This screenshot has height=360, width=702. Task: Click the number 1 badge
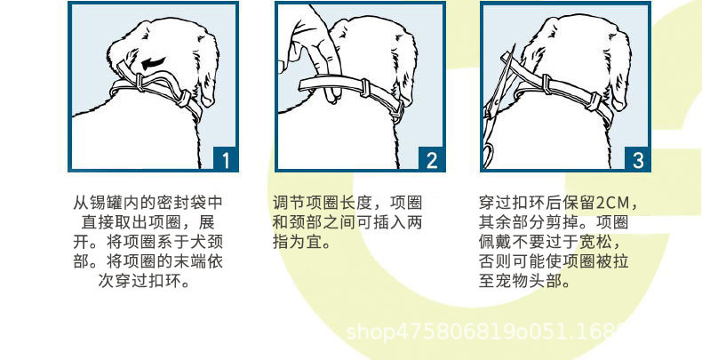click(225, 159)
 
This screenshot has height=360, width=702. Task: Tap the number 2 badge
click(432, 159)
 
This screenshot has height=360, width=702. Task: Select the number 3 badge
click(638, 159)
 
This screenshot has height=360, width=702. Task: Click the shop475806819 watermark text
click(462, 332)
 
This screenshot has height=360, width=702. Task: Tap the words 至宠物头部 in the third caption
click(520, 283)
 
